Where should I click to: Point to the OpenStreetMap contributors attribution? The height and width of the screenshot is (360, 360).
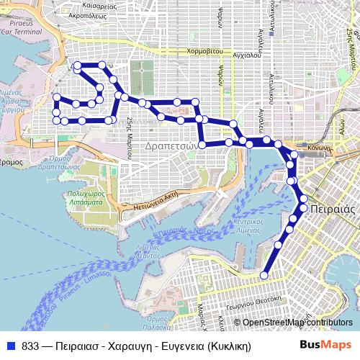click(297, 323)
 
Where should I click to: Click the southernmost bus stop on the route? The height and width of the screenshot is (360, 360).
click(264, 274)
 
